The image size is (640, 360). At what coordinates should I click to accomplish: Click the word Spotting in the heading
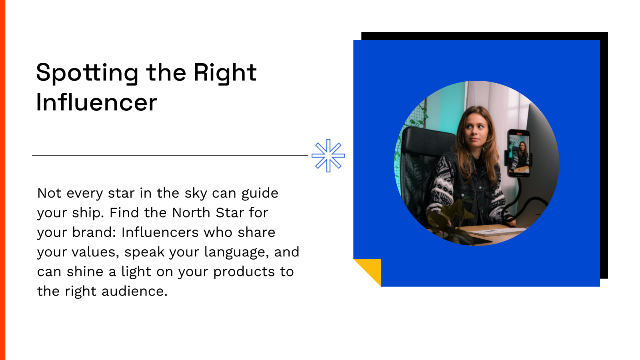pos(87,73)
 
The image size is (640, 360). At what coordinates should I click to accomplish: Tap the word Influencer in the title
pos(96,102)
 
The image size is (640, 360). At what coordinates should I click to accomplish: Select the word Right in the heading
pos(225,73)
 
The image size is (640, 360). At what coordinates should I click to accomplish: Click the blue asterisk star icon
pos(328,156)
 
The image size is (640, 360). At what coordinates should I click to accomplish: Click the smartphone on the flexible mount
pos(519,153)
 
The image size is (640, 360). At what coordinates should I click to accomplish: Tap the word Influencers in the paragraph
pos(160,232)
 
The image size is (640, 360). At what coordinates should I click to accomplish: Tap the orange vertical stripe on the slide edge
pos(2,180)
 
